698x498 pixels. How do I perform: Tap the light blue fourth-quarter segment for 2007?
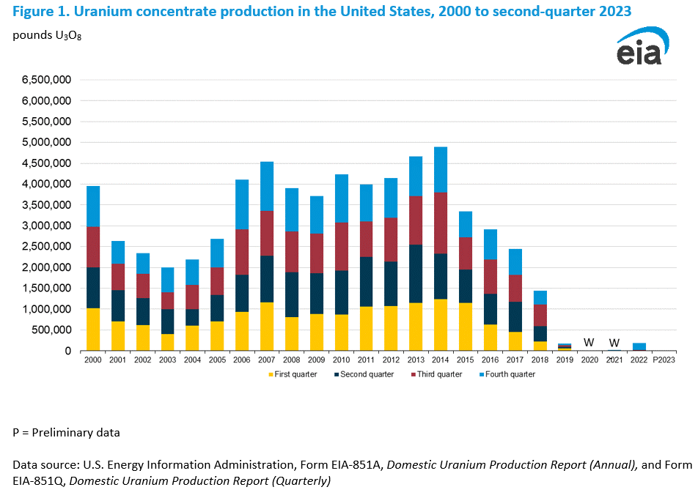pyautogui.click(x=268, y=186)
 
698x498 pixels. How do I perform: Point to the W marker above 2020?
pyautogui.click(x=588, y=342)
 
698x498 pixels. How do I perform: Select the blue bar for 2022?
pyautogui.click(x=639, y=346)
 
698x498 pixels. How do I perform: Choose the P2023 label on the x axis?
pyautogui.click(x=664, y=360)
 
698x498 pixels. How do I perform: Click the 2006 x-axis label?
pyautogui.click(x=242, y=360)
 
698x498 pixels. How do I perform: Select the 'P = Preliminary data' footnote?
pyautogui.click(x=66, y=433)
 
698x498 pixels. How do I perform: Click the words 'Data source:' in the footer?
pyautogui.click(x=48, y=464)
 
